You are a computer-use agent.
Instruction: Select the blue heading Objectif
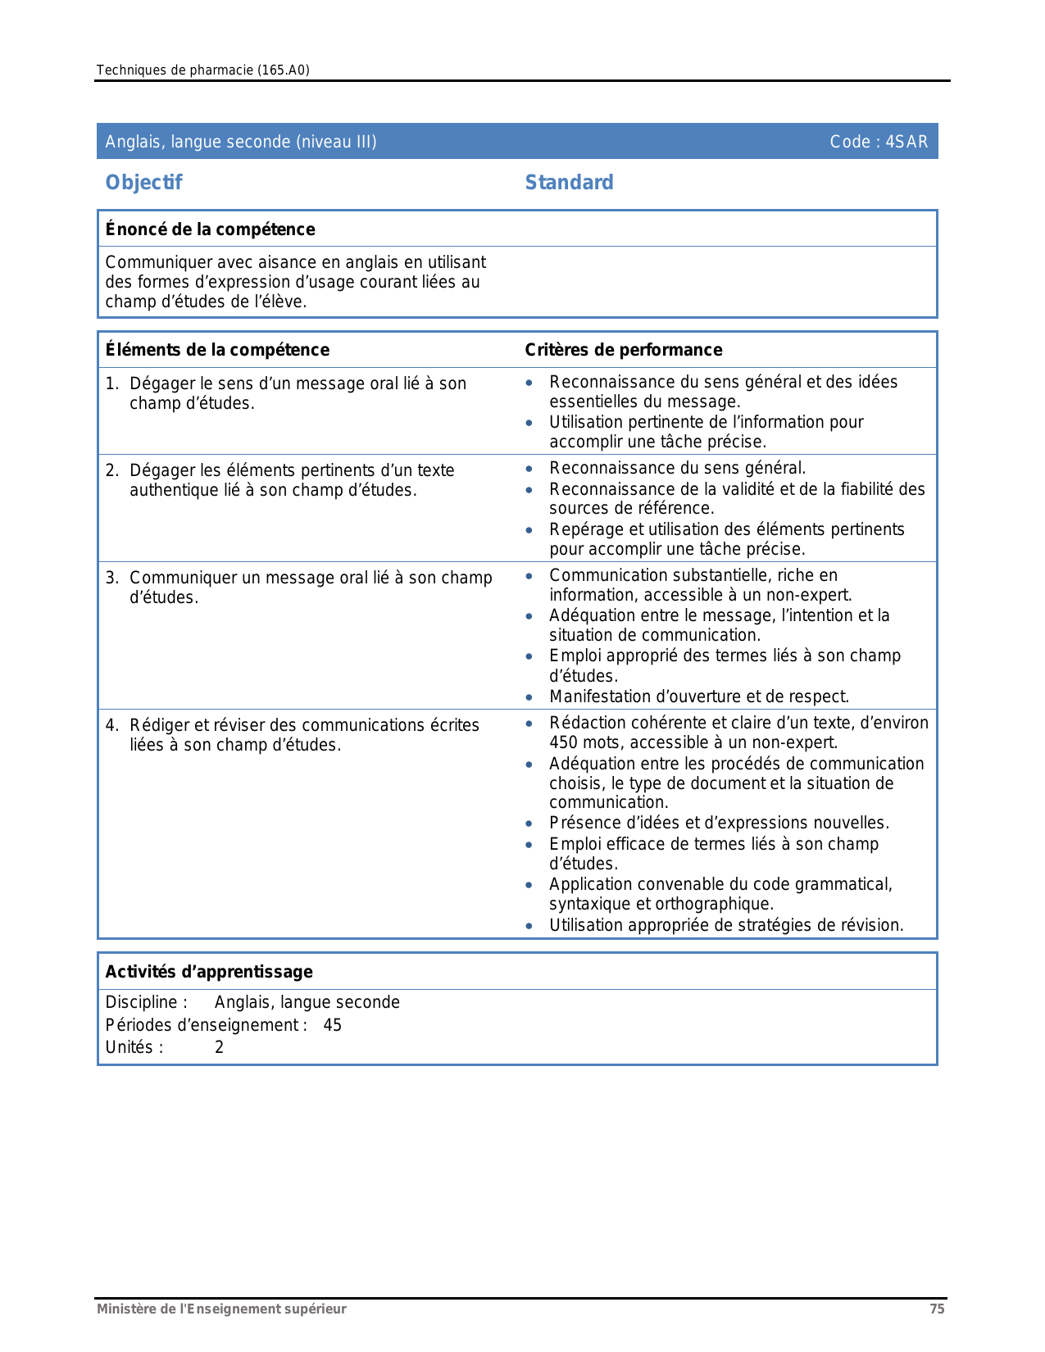pos(143,183)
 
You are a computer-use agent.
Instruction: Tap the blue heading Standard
pos(569,183)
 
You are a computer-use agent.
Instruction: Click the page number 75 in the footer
pos(937,1309)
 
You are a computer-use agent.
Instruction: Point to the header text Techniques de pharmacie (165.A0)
pos(202,70)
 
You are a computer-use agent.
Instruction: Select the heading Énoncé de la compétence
pos(210,229)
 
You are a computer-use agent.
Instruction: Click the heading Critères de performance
pos(623,350)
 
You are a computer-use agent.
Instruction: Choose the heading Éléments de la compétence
pos(217,350)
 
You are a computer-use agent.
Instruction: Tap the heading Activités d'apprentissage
pos(209,972)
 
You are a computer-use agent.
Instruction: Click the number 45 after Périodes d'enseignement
pos(332,1025)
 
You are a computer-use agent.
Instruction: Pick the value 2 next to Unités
pos(219,1047)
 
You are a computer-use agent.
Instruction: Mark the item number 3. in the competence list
pos(112,578)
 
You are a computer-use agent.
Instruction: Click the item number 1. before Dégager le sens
pos(112,383)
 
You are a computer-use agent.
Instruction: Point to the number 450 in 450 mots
pos(563,743)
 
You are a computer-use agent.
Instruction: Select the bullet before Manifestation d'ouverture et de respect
pos(529,697)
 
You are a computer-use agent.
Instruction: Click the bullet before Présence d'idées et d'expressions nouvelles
pos(529,823)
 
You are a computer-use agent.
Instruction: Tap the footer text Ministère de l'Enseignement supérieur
pos(221,1309)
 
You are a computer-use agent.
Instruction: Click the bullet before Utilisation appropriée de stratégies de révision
pos(529,926)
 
